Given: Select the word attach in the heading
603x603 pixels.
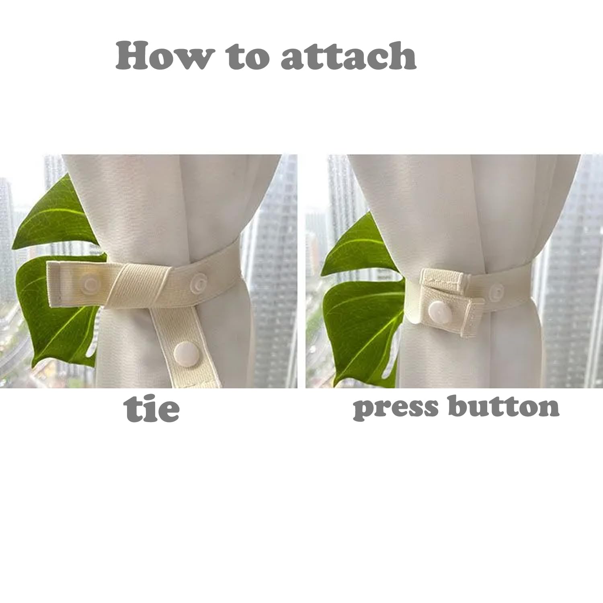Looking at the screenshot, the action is pos(349,56).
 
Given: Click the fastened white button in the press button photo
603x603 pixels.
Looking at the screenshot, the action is pos(438,311).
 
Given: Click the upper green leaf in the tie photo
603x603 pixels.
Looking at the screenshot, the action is pos(56,217).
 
